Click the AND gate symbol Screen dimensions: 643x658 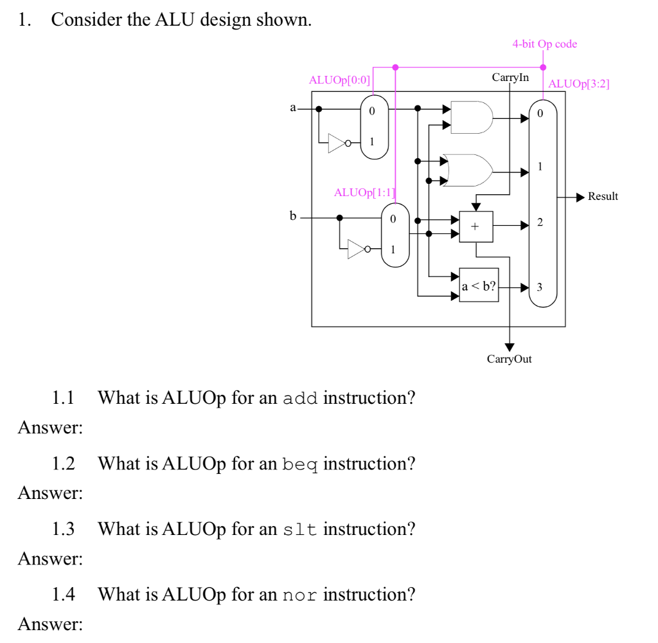(472, 117)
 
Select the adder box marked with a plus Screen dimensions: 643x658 (476, 227)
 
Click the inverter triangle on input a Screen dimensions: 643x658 (337, 143)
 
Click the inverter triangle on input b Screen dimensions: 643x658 (357, 249)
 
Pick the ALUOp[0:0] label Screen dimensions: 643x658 (339, 80)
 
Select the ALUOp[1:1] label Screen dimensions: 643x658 (364, 192)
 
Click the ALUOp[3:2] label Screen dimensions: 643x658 (578, 84)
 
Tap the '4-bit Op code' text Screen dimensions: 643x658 (544, 44)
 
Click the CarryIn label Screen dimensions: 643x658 (510, 78)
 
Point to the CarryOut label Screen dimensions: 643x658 (509, 359)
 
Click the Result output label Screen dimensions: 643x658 (603, 196)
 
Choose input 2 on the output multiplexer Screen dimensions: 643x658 (540, 223)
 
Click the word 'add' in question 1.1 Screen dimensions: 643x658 (300, 398)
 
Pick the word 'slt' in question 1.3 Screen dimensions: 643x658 (300, 529)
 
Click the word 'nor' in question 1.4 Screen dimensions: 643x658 (300, 595)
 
